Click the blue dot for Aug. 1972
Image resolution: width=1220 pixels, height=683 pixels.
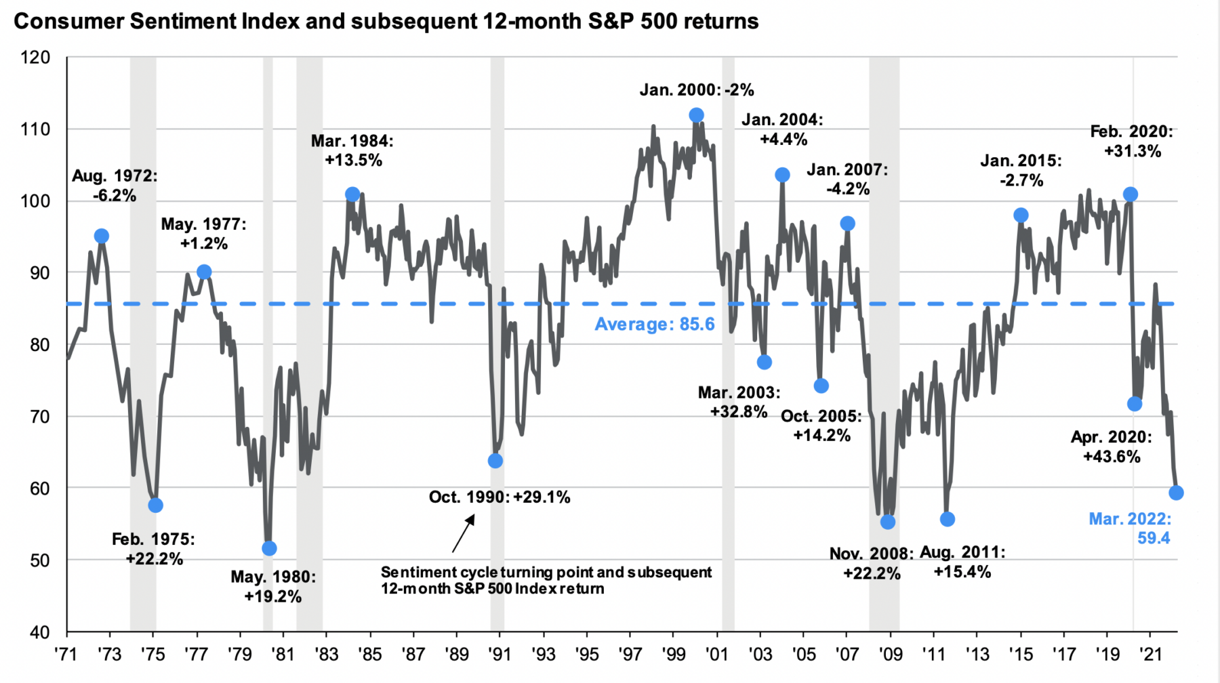pos(102,236)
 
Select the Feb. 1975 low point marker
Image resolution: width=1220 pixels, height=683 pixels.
pos(155,505)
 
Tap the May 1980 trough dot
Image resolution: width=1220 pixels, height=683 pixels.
pos(269,548)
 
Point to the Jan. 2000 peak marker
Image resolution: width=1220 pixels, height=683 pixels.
pos(696,115)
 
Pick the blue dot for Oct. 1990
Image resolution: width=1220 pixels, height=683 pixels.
pos(495,461)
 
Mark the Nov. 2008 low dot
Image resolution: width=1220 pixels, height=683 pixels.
pos(888,522)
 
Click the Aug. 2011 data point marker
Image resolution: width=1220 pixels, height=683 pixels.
pos(948,519)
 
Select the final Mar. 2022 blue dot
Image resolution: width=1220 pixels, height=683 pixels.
pos(1177,493)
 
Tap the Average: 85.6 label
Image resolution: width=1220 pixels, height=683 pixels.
pos(654,324)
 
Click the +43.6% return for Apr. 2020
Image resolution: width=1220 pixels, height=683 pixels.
pos(1112,457)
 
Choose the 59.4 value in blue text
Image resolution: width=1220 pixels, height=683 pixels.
pos(1154,538)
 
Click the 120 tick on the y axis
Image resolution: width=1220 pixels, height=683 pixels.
pos(35,58)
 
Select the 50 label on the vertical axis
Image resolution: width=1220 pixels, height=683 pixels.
pos(40,560)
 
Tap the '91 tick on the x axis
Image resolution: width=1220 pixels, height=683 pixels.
pos(500,654)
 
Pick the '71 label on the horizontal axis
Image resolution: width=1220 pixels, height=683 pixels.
pos(66,654)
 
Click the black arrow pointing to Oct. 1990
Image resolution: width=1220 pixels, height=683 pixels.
pos(464,534)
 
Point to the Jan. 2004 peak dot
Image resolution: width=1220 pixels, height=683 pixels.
pos(782,175)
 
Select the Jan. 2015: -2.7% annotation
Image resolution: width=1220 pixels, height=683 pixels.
pos(1021,170)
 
